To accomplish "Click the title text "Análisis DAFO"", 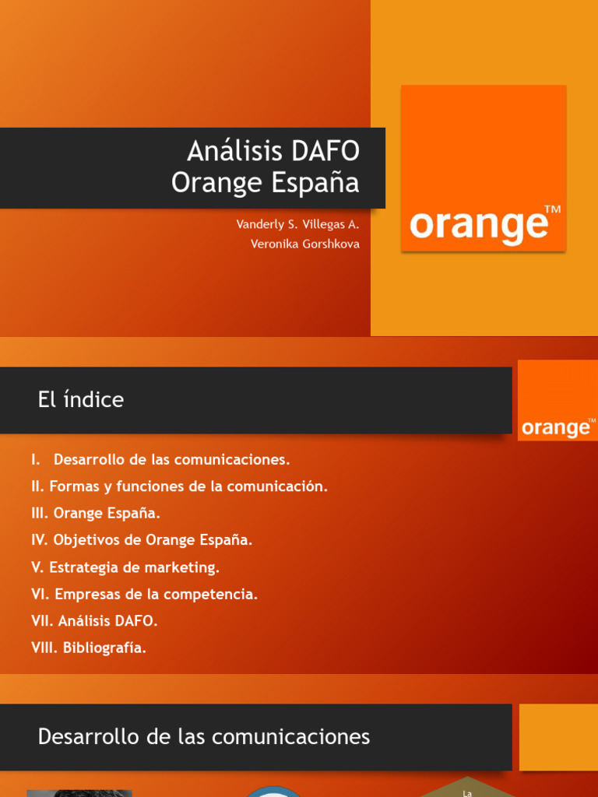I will (273, 150).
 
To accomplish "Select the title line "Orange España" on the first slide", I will (265, 183).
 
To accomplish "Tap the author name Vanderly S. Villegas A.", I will (297, 224).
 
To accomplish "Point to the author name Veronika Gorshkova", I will (304, 244).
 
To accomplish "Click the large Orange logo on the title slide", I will (484, 168).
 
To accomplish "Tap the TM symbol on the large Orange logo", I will (552, 209).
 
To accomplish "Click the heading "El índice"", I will (81, 400).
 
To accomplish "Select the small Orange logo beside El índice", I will (558, 400).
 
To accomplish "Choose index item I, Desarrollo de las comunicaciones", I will (160, 459).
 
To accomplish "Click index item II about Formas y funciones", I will (179, 486).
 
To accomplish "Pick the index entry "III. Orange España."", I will (96, 514).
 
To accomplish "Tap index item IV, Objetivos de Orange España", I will (142, 540).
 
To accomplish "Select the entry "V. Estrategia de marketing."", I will (125, 567).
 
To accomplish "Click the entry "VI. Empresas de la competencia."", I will (144, 595).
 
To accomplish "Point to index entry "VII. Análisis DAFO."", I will (94, 621).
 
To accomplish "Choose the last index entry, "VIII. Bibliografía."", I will (89, 648).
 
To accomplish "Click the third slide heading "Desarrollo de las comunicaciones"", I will (204, 737).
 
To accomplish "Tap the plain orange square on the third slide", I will (558, 737).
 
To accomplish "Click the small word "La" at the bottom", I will (467, 792).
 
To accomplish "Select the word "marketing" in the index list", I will (185, 567).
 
